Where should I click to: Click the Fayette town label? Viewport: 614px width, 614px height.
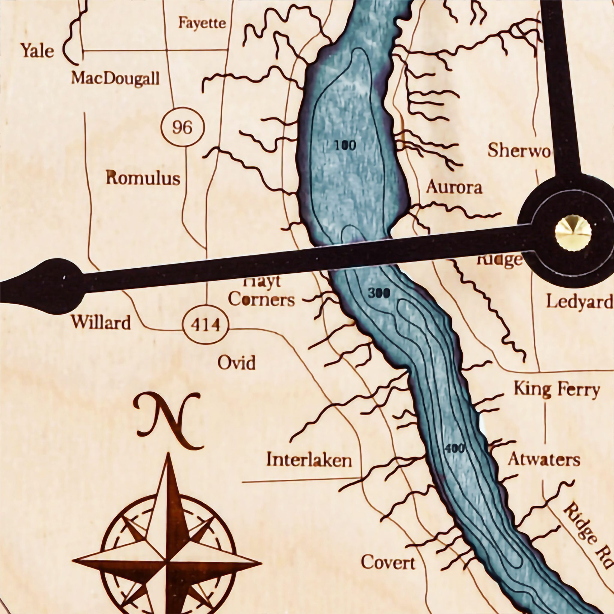pyautogui.click(x=202, y=23)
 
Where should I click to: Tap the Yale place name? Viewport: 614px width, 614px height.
pyautogui.click(x=37, y=51)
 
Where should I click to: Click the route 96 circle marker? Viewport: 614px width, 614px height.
pyautogui.click(x=182, y=127)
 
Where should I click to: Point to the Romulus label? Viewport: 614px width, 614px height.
pyautogui.click(x=143, y=178)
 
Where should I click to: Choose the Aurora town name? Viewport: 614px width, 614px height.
pyautogui.click(x=454, y=187)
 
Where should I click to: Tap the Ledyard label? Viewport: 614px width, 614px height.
pyautogui.click(x=579, y=302)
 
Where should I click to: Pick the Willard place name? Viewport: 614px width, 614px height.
pyautogui.click(x=101, y=322)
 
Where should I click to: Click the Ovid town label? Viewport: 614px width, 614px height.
pyautogui.click(x=237, y=363)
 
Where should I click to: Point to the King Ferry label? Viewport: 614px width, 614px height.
pyautogui.click(x=556, y=390)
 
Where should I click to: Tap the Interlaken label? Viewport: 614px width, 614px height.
pyautogui.click(x=309, y=460)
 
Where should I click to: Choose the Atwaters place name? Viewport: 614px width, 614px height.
pyautogui.click(x=544, y=459)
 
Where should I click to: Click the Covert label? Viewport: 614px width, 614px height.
pyautogui.click(x=388, y=562)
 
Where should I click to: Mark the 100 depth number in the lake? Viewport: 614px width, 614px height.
pyautogui.click(x=345, y=146)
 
